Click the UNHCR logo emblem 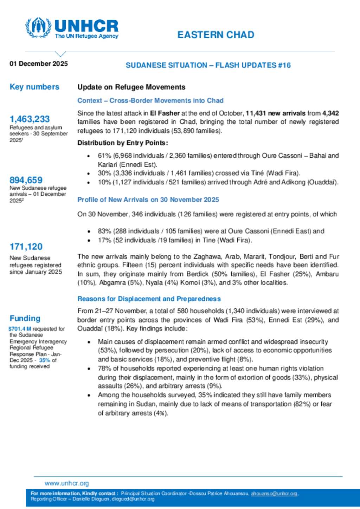[38, 27]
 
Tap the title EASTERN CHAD [216, 35]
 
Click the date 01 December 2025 [39, 64]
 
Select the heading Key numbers [34, 87]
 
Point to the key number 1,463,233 [30, 119]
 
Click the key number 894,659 [26, 180]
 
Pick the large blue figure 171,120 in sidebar [26, 247]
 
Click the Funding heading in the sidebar [25, 318]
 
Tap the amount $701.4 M [20, 329]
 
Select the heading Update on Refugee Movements [131, 87]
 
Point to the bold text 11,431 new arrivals [275, 113]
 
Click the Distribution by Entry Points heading [123, 143]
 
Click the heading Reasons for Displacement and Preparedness [149, 299]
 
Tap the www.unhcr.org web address [67, 483]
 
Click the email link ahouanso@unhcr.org [274, 494]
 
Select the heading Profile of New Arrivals [148, 200]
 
